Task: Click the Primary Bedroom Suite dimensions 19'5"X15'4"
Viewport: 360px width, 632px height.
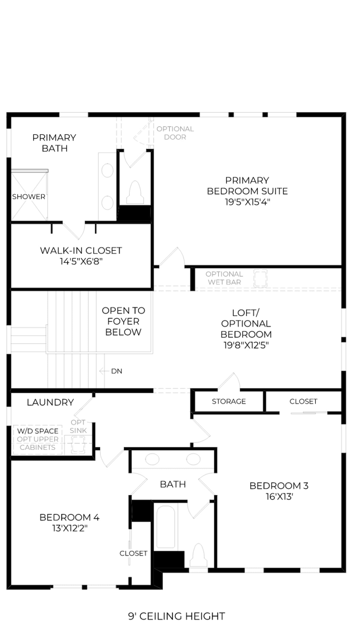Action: [247, 202]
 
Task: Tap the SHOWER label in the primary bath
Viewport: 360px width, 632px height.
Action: [29, 197]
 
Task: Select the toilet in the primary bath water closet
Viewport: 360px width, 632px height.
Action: [135, 192]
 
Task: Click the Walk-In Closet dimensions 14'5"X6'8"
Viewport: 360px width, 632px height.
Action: [81, 262]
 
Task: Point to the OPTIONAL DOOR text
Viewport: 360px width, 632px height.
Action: [175, 133]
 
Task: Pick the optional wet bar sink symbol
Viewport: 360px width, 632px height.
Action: [260, 278]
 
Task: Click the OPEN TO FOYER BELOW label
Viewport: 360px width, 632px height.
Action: [123, 321]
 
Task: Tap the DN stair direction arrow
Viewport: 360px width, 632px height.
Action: [104, 371]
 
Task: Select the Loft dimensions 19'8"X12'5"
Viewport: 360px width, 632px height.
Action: [246, 345]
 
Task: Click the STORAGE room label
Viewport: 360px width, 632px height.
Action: [229, 401]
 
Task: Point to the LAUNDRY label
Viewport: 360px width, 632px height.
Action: [50, 402]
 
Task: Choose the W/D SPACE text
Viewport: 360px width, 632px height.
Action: [38, 431]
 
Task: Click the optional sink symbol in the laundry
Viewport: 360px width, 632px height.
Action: [78, 445]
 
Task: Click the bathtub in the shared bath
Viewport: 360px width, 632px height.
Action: [166, 527]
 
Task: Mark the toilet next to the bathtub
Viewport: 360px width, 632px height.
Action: [198, 555]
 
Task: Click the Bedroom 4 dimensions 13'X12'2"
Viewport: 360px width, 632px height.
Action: [70, 528]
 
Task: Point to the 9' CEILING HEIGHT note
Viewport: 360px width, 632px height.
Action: [176, 616]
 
